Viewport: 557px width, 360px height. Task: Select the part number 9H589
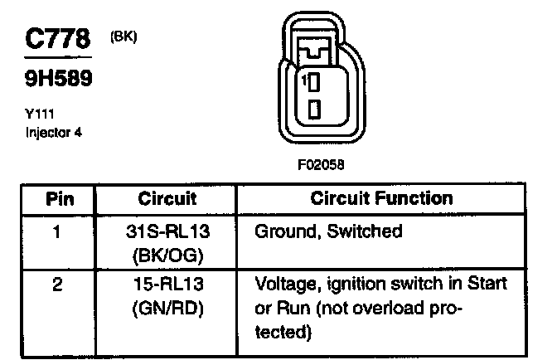tap(56, 80)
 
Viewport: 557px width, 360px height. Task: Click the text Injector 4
tap(55, 132)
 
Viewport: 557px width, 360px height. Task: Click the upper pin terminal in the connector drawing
tap(315, 82)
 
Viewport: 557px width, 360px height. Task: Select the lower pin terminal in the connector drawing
tap(315, 108)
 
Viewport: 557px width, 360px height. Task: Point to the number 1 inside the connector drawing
tap(304, 80)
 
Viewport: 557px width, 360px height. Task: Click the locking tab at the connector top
tap(315, 52)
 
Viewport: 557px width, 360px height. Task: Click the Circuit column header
tap(167, 198)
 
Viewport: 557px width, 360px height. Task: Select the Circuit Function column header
tap(381, 198)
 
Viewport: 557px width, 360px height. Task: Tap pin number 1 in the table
tap(56, 231)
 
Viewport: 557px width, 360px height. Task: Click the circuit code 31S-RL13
tap(168, 231)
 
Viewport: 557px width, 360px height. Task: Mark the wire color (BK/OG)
tap(168, 255)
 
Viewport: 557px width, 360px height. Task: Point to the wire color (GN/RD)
tap(168, 309)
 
